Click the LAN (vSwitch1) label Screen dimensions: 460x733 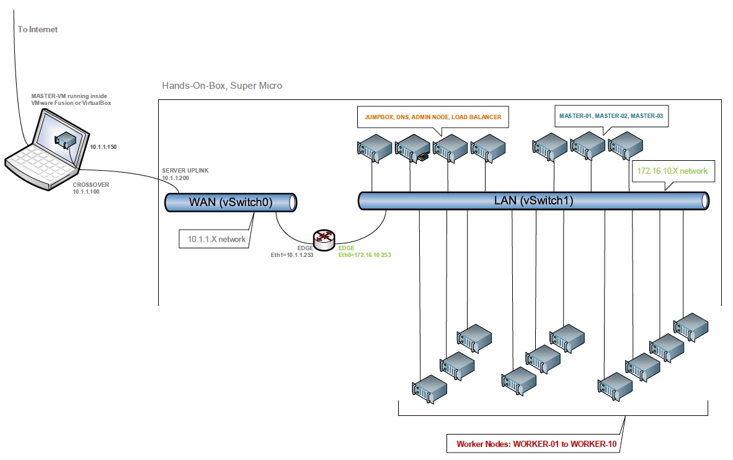coord(533,201)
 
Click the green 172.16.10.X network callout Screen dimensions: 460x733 coord(672,171)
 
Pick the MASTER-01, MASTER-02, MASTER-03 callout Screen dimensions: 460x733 coord(611,116)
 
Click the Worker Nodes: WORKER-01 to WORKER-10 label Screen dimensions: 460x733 coord(534,444)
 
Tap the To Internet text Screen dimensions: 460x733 coord(38,29)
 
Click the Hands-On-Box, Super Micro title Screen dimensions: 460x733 coord(222,86)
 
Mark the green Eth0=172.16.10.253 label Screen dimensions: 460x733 coord(365,255)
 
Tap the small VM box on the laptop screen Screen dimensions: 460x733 coord(65,140)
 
